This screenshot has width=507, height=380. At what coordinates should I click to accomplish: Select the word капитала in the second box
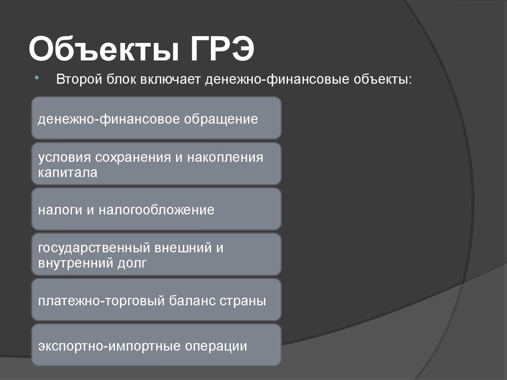[x=68, y=173]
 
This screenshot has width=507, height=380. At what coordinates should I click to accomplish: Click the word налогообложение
[x=156, y=210]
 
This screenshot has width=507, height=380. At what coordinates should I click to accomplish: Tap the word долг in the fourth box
[x=133, y=263]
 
